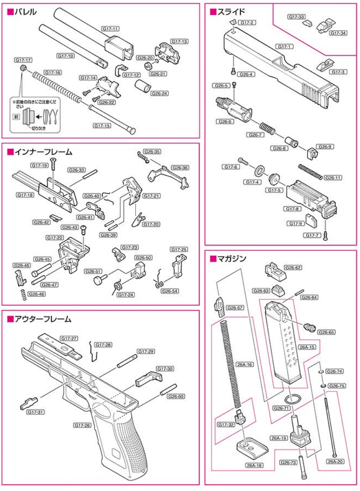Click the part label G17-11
click(111, 28)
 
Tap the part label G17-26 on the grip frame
click(82, 425)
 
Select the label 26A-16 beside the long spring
click(244, 364)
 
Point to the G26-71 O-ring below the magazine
click(293, 399)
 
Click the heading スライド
click(231, 12)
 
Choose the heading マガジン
click(232, 258)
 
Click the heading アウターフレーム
click(43, 319)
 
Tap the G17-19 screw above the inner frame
click(53, 164)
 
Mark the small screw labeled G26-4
click(233, 71)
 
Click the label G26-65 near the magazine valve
click(326, 332)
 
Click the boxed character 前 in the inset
click(16, 117)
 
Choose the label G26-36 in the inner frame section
click(180, 167)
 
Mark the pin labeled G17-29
click(127, 361)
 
